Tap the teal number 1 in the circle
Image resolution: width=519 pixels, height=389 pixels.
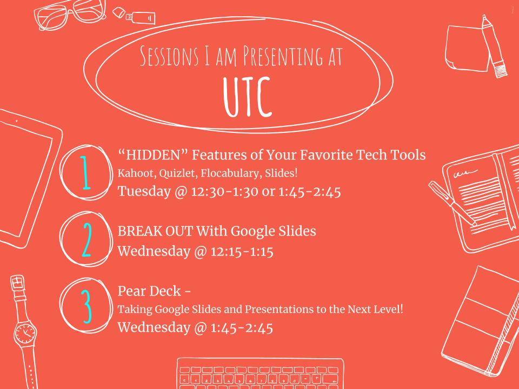pyautogui.click(x=85, y=172)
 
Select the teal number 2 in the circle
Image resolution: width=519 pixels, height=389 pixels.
pyautogui.click(x=86, y=239)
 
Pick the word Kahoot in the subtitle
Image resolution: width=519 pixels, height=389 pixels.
pyautogui.click(x=133, y=175)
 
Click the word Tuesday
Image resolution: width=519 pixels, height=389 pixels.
pyautogui.click(x=143, y=191)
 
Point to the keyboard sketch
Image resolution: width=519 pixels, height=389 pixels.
pyautogui.click(x=259, y=374)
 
